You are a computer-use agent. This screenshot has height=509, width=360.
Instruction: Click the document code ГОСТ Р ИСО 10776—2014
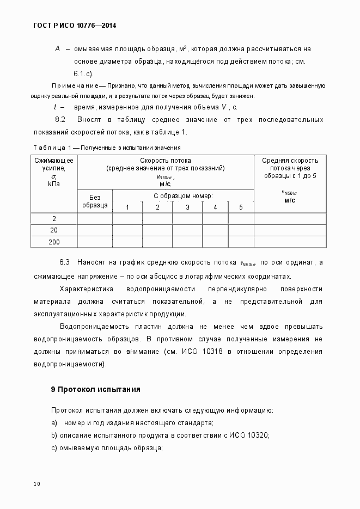pos(71,26)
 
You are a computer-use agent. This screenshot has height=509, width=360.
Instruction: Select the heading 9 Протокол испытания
pos(95,389)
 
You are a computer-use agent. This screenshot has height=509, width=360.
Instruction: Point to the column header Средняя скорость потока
pos(290,168)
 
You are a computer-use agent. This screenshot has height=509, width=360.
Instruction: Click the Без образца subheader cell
pos(95,201)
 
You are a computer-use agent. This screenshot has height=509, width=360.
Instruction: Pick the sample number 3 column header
pos(187,207)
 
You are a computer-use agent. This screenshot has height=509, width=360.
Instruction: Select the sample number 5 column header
pos(241,207)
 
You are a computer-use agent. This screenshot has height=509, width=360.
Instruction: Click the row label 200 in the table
pos(54,242)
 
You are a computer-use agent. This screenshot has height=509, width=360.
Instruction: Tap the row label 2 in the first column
pos(54,219)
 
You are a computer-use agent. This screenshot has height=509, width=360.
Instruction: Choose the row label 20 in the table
pos(54,230)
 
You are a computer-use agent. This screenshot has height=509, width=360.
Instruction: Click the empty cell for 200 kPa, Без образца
pos(95,242)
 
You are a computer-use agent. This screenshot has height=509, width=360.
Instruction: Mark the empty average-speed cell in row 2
pos(290,219)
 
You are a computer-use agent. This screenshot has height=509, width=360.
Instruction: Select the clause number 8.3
pos(65,262)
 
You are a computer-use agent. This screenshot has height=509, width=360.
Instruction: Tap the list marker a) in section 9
pos(54,423)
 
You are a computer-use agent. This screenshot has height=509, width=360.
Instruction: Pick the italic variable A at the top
pos(57,49)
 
